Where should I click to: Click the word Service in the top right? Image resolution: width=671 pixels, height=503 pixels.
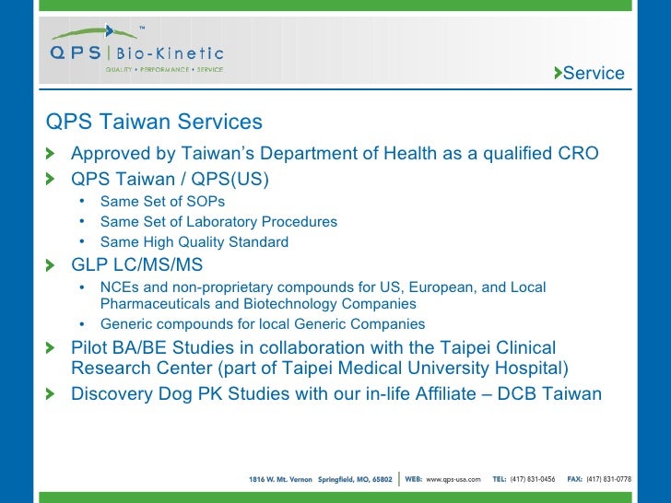[593, 74]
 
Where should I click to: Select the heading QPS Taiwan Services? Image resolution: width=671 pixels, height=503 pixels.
[154, 123]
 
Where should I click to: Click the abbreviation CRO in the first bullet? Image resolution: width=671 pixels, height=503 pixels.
[578, 153]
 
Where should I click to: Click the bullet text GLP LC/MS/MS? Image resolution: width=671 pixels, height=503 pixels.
[136, 265]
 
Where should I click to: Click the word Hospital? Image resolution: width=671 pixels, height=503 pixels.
[532, 369]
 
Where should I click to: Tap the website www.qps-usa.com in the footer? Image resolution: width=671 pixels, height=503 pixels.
[453, 479]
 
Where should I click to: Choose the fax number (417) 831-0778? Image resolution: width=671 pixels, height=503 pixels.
[609, 479]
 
